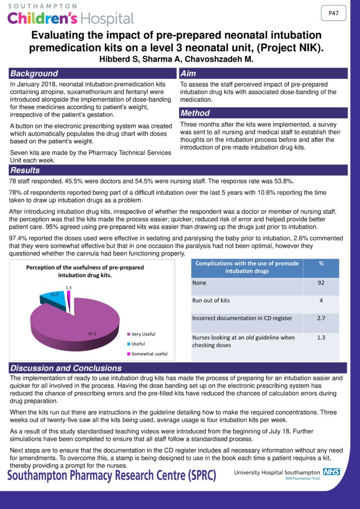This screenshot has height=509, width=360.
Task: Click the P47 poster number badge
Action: [334, 13]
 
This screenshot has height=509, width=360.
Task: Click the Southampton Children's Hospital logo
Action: [70, 15]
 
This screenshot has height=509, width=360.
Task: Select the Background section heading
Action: [34, 74]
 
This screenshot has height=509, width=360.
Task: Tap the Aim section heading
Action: [188, 74]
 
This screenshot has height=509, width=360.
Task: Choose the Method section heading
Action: [195, 113]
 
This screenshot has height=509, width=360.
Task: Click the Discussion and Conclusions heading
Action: [66, 368]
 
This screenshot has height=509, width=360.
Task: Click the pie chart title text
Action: [85, 271]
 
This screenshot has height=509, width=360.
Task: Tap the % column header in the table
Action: [321, 264]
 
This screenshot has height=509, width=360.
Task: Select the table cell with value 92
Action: [321, 283]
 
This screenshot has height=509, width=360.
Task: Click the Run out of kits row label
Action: [211, 301]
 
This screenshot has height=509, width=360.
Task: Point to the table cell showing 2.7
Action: [321, 319]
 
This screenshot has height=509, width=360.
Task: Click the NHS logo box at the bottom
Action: [332, 471]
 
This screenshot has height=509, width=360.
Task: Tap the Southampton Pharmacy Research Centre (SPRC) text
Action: [112, 475]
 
